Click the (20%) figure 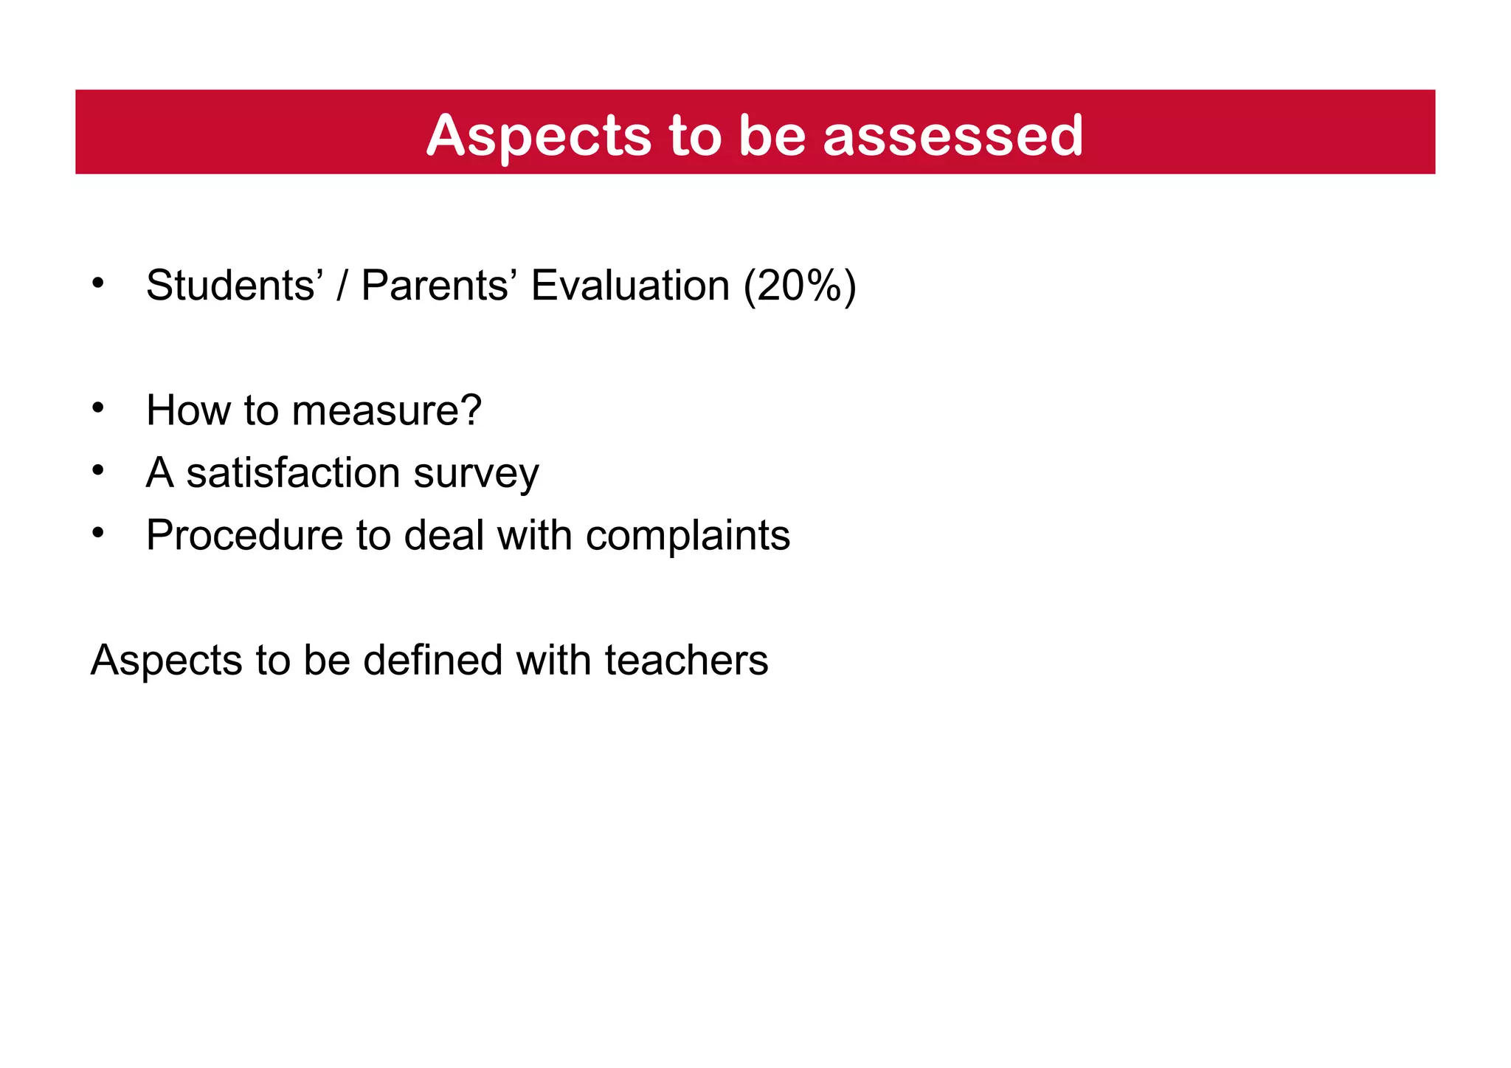tap(800, 286)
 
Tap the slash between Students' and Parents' tap(342, 286)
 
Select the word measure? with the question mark tap(387, 410)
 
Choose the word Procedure tap(244, 535)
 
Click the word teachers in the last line tap(686, 660)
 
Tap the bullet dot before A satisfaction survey tap(98, 469)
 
